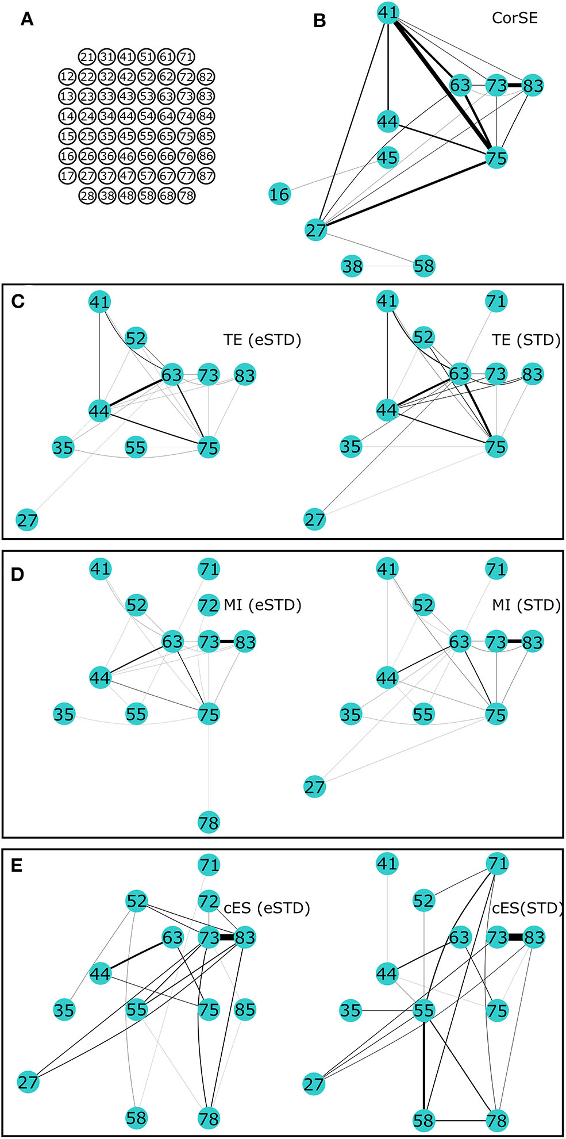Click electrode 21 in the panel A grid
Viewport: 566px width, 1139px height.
coord(87,57)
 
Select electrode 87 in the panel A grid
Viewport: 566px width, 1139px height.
coord(205,176)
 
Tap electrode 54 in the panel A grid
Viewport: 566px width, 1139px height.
coord(147,117)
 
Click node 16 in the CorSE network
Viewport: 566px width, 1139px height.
coord(279,194)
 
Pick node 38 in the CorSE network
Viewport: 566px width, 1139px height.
coord(352,266)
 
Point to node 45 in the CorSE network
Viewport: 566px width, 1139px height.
coord(388,158)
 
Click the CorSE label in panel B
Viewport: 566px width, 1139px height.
coord(514,18)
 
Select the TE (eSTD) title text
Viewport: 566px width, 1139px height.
coord(262,340)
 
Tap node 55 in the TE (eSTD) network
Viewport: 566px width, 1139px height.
coord(136,447)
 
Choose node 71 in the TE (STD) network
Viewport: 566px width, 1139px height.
coord(496,301)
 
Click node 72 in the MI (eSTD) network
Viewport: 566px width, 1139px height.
coord(209,605)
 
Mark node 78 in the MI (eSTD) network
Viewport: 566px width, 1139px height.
coord(209,822)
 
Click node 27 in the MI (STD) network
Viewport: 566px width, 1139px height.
coord(314,787)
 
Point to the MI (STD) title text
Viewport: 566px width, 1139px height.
coord(526,605)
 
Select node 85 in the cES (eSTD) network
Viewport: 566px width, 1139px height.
coord(245,1010)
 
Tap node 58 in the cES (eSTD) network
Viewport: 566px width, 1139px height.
coord(136,1118)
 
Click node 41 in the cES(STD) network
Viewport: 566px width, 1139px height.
coord(387,864)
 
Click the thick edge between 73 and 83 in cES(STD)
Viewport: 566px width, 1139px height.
coord(515,937)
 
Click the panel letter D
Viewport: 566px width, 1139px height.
coord(17,574)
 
